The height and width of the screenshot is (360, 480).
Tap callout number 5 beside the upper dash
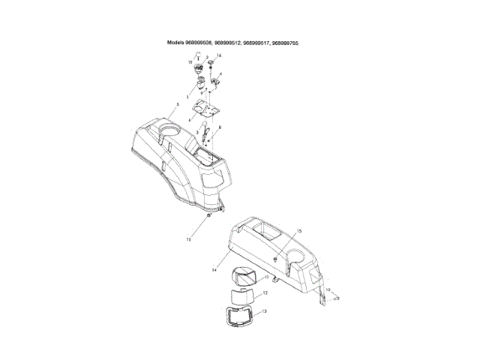[x=177, y=104]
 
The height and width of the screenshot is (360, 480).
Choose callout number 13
[x=264, y=310]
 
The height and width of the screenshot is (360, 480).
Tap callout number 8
[x=219, y=128]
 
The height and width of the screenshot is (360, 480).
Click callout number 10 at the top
[x=190, y=61]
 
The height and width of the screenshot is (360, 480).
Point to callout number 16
[x=219, y=56]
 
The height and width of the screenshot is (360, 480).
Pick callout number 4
[x=220, y=74]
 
